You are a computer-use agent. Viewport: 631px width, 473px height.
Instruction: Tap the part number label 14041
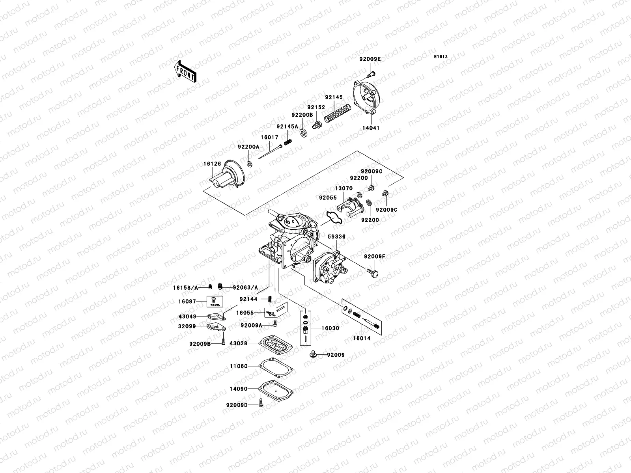(x=370, y=128)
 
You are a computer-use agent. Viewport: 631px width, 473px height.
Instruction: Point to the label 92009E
(x=370, y=59)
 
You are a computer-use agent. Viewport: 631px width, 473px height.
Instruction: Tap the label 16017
(x=269, y=138)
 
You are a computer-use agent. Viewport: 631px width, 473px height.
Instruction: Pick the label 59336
(x=336, y=237)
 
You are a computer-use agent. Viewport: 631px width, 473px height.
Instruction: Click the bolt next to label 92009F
(x=372, y=272)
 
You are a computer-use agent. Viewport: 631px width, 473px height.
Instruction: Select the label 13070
(x=344, y=188)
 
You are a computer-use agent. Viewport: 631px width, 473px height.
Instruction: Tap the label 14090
(x=239, y=389)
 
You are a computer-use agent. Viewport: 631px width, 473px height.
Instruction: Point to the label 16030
(x=330, y=328)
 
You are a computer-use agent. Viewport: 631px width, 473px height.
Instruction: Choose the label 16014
(x=362, y=338)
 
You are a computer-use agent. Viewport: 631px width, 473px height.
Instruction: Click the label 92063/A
(x=245, y=288)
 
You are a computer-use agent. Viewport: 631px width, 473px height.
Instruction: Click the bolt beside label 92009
(x=314, y=354)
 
